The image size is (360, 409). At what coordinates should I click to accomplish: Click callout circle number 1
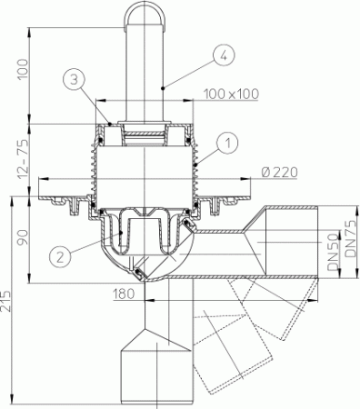coord(228,141)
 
